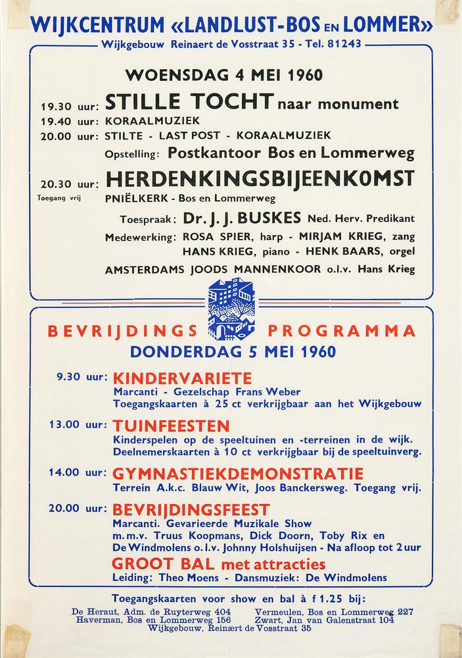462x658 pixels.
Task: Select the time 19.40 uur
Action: pyautogui.click(x=69, y=121)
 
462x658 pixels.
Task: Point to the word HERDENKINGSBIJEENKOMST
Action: pyautogui.click(x=260, y=178)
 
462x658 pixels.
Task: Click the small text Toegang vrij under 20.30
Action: pyautogui.click(x=58, y=198)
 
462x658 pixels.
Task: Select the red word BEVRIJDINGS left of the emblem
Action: pyautogui.click(x=129, y=330)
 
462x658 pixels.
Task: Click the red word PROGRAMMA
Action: pyautogui.click(x=341, y=330)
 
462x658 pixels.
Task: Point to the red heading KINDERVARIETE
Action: pyautogui.click(x=183, y=378)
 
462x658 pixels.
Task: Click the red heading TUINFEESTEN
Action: pyautogui.click(x=171, y=425)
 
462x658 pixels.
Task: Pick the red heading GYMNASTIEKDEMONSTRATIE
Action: pyautogui.click(x=238, y=474)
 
